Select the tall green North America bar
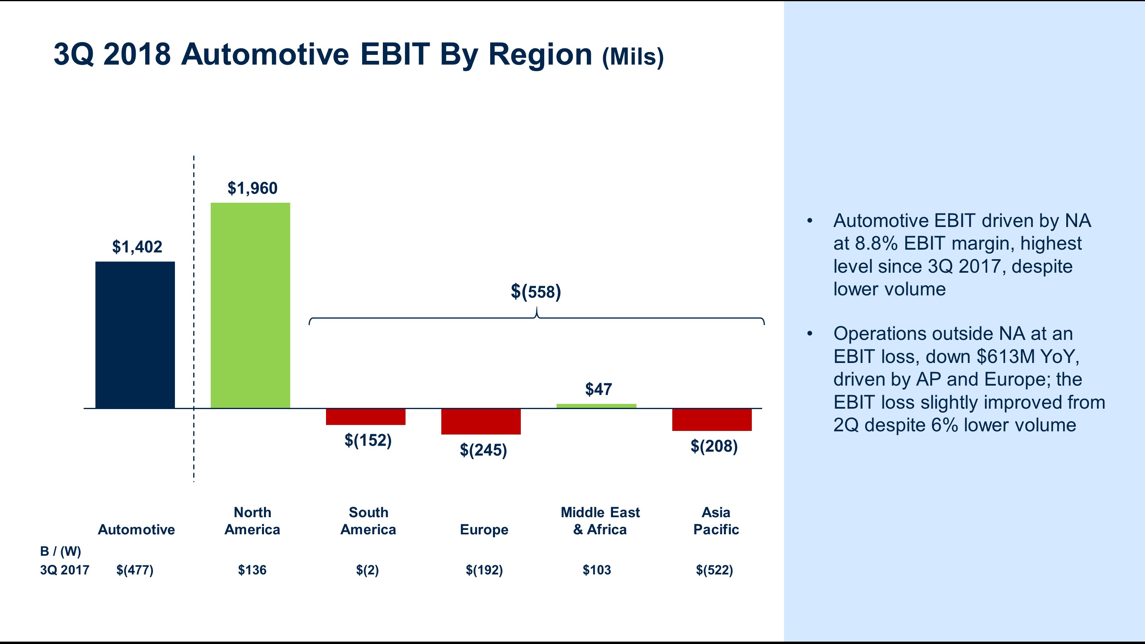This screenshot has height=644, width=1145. (x=250, y=305)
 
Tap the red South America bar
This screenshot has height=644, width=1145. (x=365, y=417)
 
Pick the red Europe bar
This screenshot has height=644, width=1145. (x=481, y=421)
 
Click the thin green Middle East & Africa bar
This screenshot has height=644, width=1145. (x=596, y=406)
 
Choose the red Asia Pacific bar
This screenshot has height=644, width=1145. (x=712, y=419)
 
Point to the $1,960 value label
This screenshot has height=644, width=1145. (x=252, y=188)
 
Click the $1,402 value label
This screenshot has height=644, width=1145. (x=137, y=246)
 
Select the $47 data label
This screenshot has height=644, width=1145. (x=598, y=389)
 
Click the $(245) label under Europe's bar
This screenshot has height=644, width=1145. (x=483, y=450)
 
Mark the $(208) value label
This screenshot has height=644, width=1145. (x=714, y=446)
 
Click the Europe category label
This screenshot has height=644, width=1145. (x=484, y=530)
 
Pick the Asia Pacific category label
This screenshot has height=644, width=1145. (x=716, y=521)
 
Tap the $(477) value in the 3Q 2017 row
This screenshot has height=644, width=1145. (x=135, y=570)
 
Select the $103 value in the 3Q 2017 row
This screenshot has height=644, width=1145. (x=596, y=570)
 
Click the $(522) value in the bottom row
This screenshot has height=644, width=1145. (x=714, y=570)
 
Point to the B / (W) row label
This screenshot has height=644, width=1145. (x=60, y=551)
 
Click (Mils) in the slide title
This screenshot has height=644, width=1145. (x=633, y=57)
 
